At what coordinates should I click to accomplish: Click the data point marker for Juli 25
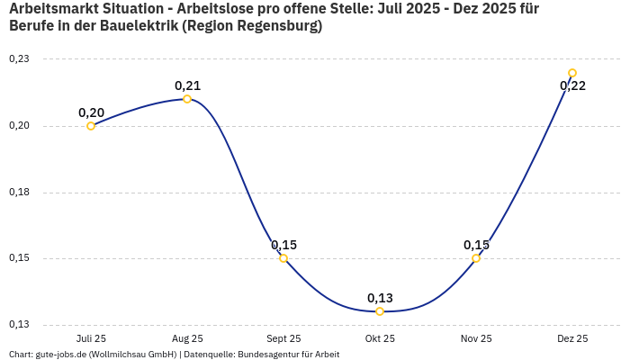pos(91,126)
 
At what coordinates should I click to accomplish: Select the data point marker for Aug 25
pos(187,99)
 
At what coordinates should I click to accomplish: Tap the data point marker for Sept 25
pos(283,258)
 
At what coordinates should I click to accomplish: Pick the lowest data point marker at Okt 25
pos(380,311)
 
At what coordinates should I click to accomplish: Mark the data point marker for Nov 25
pos(476,258)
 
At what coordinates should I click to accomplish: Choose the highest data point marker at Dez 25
pos(572,73)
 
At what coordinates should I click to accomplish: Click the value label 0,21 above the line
pos(187,86)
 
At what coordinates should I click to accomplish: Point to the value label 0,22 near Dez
pos(572,86)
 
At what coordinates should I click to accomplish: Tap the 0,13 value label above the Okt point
pos(380,298)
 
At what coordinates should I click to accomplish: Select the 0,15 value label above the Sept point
pos(283,245)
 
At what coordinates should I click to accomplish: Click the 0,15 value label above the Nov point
pos(476,245)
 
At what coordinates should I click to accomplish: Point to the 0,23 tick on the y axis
pos(19,59)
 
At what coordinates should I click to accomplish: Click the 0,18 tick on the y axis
pos(19,193)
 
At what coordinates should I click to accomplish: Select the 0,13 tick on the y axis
pos(19,325)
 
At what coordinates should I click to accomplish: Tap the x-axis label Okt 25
pos(380,338)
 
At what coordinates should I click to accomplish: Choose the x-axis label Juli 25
pos(91,338)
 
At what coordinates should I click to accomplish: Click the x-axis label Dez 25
pos(572,338)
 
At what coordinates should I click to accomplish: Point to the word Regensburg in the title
pos(275,26)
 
